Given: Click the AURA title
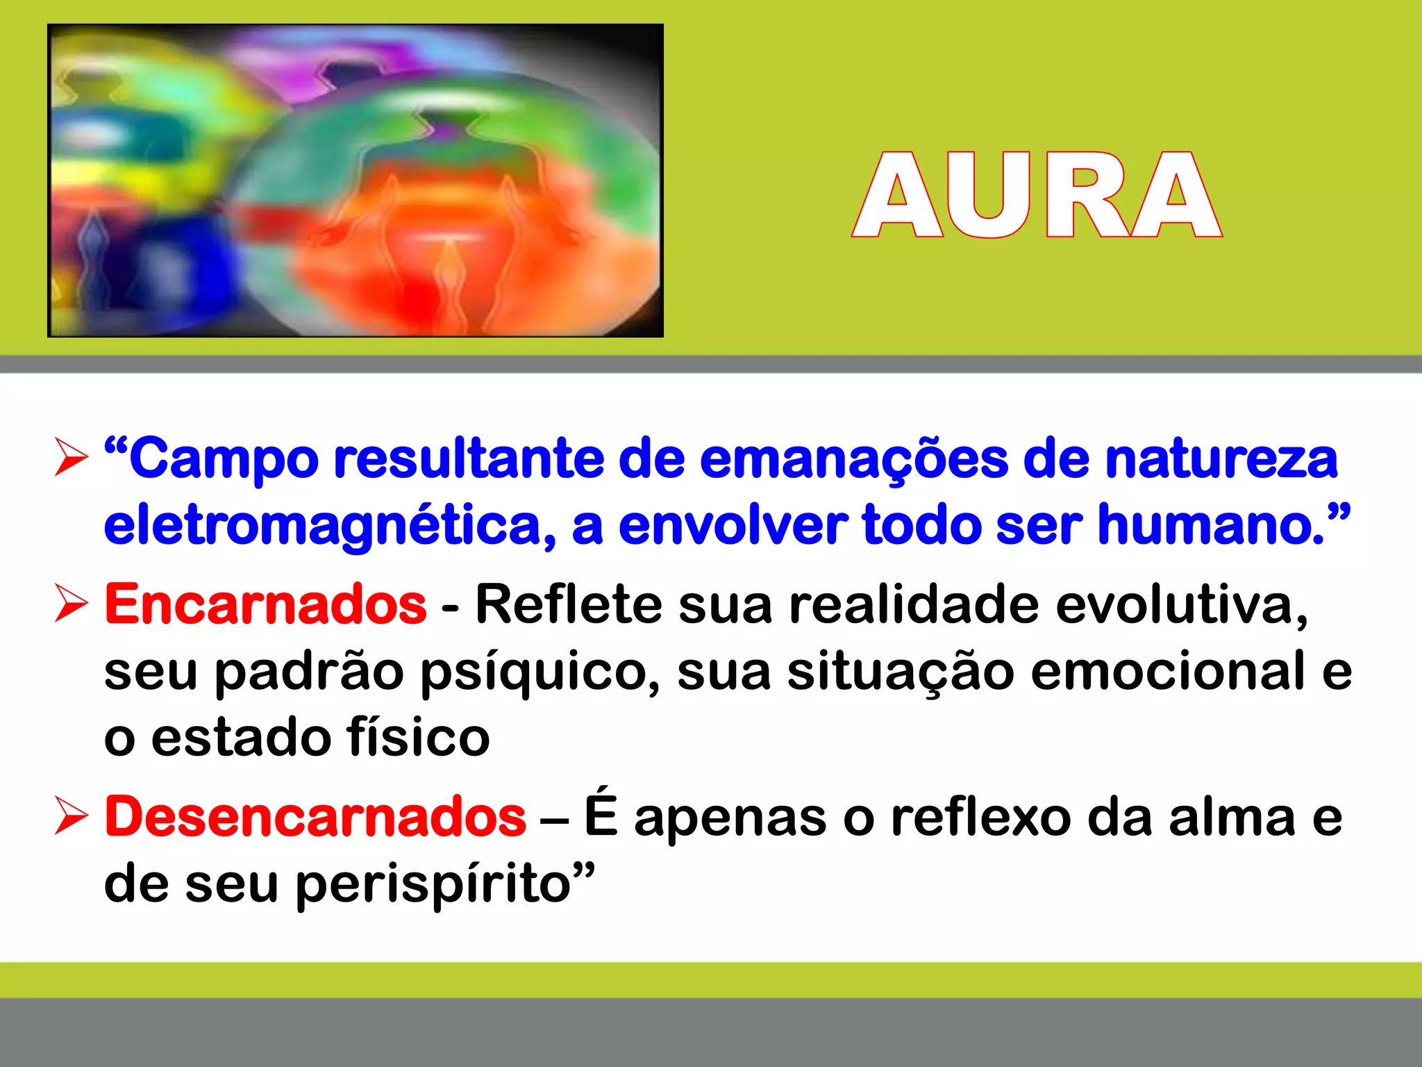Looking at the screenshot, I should (x=1037, y=195).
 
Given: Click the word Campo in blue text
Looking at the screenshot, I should (x=224, y=460).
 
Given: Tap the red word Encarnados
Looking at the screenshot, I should (x=265, y=604).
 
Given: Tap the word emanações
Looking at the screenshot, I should (x=853, y=460).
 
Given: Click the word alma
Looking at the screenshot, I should (x=1232, y=817).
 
